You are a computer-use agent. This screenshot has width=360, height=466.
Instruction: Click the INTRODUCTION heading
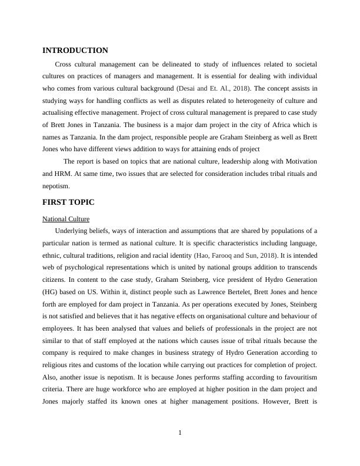tap(75, 51)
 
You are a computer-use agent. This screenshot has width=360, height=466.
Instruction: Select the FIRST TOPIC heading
tap(68, 202)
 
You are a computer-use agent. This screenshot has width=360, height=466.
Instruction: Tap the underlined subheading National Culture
tap(66, 219)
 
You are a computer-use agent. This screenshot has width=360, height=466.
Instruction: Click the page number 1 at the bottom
tap(180, 433)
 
